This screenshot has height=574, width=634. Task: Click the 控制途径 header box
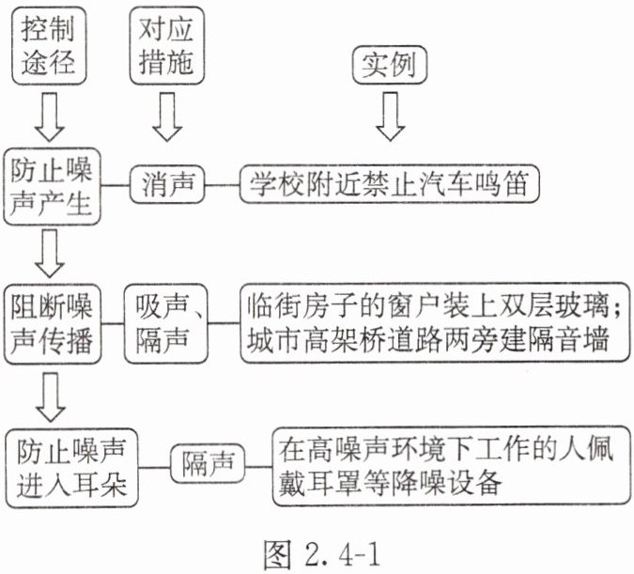pyautogui.click(x=49, y=46)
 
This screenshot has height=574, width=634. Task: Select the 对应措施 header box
pyautogui.click(x=166, y=46)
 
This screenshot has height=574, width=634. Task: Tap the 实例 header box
pyautogui.click(x=390, y=65)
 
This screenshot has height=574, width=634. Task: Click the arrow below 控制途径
pyautogui.click(x=50, y=116)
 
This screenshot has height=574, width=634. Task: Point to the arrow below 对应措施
pyautogui.click(x=167, y=116)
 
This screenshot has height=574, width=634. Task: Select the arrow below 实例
pyautogui.click(x=390, y=116)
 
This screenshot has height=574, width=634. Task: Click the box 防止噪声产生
pyautogui.click(x=52, y=186)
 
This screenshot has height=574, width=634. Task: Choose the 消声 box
pyautogui.click(x=167, y=184)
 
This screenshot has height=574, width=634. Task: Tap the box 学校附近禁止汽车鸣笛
pyautogui.click(x=390, y=183)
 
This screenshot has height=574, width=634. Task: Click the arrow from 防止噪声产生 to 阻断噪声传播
pyautogui.click(x=50, y=254)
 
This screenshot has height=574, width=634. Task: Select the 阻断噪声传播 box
pyautogui.click(x=52, y=324)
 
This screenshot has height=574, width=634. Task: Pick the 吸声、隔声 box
pyautogui.click(x=165, y=323)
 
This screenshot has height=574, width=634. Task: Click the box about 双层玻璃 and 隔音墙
pyautogui.click(x=435, y=323)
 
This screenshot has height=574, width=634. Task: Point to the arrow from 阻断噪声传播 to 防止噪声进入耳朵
pyautogui.click(x=50, y=397)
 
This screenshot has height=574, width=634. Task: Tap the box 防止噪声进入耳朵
pyautogui.click(x=71, y=468)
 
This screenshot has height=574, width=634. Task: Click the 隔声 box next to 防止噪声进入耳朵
pyautogui.click(x=208, y=463)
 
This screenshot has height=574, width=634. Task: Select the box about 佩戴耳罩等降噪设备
pyautogui.click(x=451, y=466)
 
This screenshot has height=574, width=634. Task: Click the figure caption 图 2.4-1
pyautogui.click(x=322, y=553)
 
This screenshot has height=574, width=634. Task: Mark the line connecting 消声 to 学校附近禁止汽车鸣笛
pyautogui.click(x=222, y=185)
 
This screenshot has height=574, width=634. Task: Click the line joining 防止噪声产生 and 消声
pyautogui.click(x=115, y=186)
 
